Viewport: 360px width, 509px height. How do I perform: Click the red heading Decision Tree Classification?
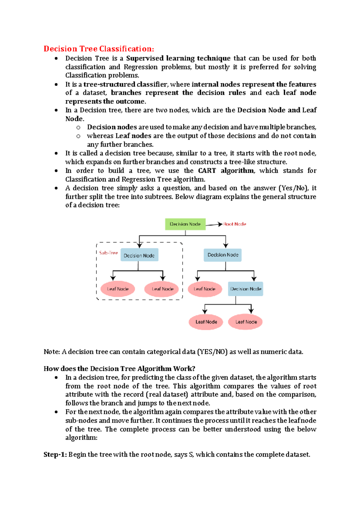click(x=99, y=49)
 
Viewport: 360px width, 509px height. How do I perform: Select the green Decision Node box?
click(x=185, y=224)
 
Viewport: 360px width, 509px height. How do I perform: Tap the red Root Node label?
click(x=235, y=224)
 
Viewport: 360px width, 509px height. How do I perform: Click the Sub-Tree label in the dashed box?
click(x=108, y=253)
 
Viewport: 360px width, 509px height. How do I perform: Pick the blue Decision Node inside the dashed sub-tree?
click(x=139, y=255)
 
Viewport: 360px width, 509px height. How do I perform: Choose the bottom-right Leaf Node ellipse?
click(x=245, y=322)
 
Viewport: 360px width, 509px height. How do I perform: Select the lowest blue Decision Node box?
click(x=245, y=289)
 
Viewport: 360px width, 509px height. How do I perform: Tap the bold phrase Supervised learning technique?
click(x=178, y=58)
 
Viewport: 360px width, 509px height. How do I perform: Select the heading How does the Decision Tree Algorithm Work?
click(x=119, y=369)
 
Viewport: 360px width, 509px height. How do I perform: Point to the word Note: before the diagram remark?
click(x=52, y=352)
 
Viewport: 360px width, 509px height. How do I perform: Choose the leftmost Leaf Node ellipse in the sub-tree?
click(x=118, y=289)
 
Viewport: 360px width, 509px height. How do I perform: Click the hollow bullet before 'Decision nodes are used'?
click(x=78, y=128)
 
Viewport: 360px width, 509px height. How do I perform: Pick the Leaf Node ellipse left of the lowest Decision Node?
click(x=205, y=289)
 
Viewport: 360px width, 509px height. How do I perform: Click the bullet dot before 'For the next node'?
click(x=56, y=412)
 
